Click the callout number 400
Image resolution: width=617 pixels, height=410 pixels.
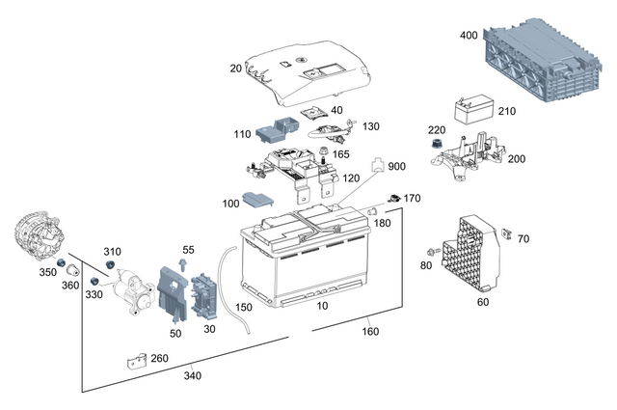tap(469, 35)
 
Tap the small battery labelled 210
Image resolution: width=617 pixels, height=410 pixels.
tap(473, 109)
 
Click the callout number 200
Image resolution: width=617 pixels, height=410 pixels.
tap(517, 159)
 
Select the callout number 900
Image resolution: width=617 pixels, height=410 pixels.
tap(397, 167)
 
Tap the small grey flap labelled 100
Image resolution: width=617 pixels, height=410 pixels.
tap(256, 201)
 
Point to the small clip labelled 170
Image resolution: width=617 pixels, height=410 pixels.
tap(393, 199)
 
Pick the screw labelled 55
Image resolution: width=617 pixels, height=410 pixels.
tap(184, 265)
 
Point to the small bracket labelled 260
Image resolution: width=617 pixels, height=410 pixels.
tap(137, 362)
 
